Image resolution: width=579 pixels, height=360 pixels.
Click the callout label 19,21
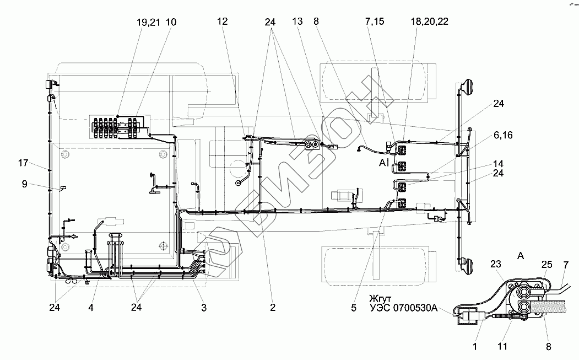tap(148, 22)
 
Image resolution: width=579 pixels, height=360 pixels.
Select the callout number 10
tap(171, 22)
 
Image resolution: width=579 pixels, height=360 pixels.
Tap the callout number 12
tap(222, 22)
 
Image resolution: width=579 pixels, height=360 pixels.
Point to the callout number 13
tap(298, 22)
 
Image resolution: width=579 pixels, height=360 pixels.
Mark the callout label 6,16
tap(503, 135)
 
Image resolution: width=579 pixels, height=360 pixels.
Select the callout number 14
tap(498, 164)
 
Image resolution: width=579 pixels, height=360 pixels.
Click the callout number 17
tap(23, 163)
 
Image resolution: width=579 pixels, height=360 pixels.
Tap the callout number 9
tap(25, 185)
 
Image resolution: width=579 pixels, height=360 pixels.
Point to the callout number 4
tap(91, 308)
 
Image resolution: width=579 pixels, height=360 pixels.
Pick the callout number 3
tap(203, 308)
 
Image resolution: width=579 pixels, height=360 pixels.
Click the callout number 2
tap(272, 308)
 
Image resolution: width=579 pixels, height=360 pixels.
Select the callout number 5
tap(353, 308)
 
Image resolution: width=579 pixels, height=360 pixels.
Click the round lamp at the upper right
tap(469, 88)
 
